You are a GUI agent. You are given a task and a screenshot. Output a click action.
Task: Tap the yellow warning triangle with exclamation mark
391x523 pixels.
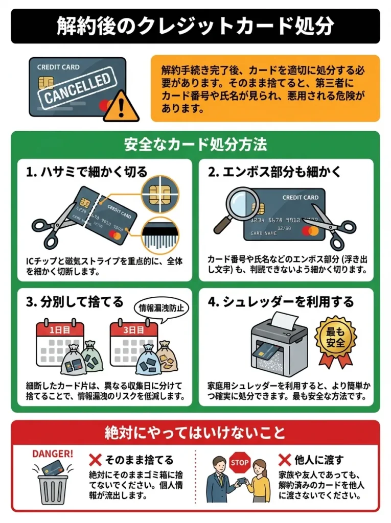pyautogui.click(x=121, y=107)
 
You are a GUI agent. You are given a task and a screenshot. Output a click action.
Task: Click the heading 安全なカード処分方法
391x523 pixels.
pyautogui.click(x=195, y=145)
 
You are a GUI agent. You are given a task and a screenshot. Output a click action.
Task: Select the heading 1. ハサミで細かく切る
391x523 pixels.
pyautogui.click(x=86, y=172)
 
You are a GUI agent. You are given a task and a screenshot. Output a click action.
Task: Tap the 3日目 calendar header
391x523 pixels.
pyautogui.click(x=133, y=330)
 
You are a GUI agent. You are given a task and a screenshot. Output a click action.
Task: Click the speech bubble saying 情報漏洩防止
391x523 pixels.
pyautogui.click(x=161, y=308)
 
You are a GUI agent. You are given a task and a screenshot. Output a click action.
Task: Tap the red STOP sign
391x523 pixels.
pyautogui.click(x=239, y=463)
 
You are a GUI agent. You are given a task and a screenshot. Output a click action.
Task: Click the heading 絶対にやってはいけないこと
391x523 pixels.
pyautogui.click(x=195, y=433)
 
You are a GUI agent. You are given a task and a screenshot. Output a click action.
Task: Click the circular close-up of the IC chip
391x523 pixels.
pyautogui.click(x=160, y=191)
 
